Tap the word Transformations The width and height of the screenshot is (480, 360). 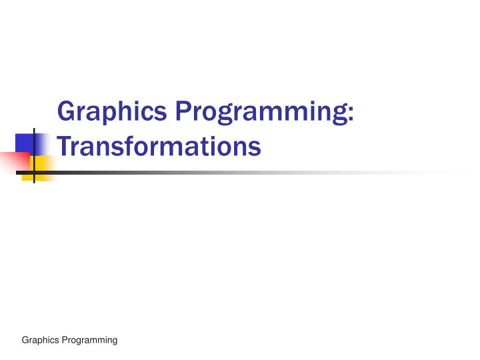pyautogui.click(x=159, y=146)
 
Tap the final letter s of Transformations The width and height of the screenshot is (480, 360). pyautogui.click(x=254, y=147)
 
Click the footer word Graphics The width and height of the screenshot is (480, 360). pyautogui.click(x=39, y=340)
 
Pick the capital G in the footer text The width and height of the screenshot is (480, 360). pyautogui.click(x=25, y=340)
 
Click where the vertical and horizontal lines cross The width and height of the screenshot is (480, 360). pyautogui.click(x=34, y=173)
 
